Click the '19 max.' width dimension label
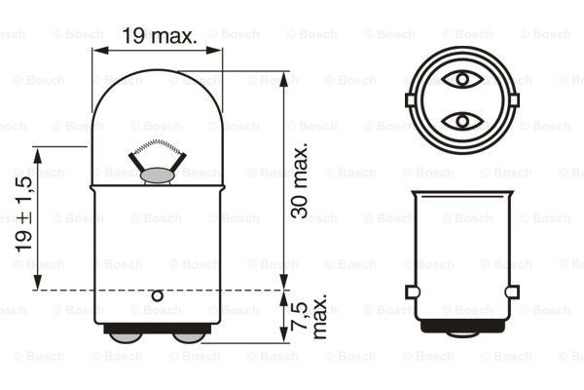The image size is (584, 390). [x=160, y=36]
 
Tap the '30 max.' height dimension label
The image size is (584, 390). [x=300, y=179]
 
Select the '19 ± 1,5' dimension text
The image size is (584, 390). [x=24, y=214]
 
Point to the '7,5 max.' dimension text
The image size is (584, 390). [x=309, y=316]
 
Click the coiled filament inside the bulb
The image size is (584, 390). [x=158, y=146]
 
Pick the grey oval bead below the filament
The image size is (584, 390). [x=157, y=175]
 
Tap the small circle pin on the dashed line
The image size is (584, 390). [x=158, y=296]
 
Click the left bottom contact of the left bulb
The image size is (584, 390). [x=126, y=337]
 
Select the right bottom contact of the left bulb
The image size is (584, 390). [x=189, y=337]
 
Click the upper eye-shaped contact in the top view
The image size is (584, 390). [x=462, y=79]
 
